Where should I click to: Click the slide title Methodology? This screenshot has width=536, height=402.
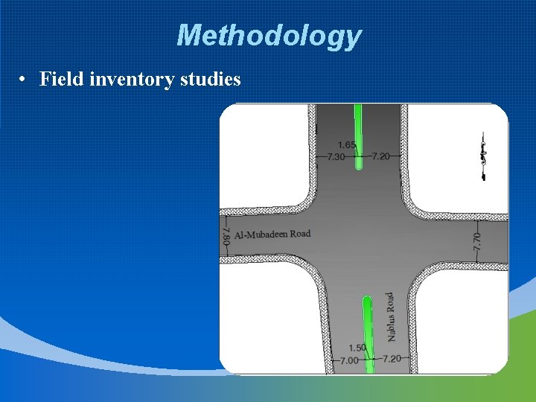click(269, 36)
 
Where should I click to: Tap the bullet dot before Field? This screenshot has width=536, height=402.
click(25, 79)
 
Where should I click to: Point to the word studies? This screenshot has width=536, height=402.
click(211, 78)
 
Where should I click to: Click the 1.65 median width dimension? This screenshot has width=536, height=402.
click(347, 145)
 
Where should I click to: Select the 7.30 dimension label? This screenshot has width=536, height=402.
click(336, 157)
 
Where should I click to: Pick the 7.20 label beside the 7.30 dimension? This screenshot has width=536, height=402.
click(380, 156)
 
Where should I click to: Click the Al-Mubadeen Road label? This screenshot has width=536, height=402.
click(272, 234)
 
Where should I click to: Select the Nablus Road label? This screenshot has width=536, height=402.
click(390, 316)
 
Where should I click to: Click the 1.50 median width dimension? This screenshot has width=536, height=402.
click(357, 348)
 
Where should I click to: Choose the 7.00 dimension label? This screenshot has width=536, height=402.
click(349, 360)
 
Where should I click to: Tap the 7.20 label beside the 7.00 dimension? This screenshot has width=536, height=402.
click(392, 359)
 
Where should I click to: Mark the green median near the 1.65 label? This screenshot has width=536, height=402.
click(359, 134)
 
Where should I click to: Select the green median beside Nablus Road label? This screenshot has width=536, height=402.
click(367, 328)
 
